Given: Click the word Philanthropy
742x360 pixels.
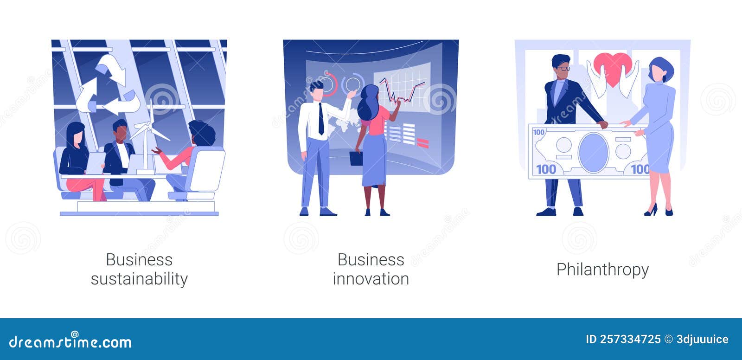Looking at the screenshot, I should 602,270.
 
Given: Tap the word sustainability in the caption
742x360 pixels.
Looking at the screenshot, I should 139,279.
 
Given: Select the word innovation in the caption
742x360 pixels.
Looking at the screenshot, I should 371,279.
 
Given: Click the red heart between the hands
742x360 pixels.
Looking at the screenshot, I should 613,68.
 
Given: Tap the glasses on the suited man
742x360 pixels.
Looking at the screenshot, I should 563,68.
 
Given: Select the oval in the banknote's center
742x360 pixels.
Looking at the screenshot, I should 593,152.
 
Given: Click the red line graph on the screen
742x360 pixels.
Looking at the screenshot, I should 402,92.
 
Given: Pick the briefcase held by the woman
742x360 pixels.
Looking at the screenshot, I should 356,158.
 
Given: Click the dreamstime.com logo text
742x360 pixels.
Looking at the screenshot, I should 70,342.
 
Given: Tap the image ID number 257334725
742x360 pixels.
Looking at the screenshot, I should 630,340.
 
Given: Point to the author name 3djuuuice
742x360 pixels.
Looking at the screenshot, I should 703,340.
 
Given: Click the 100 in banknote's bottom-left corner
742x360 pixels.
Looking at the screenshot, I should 546,169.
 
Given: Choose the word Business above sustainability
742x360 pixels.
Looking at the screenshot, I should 139,260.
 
